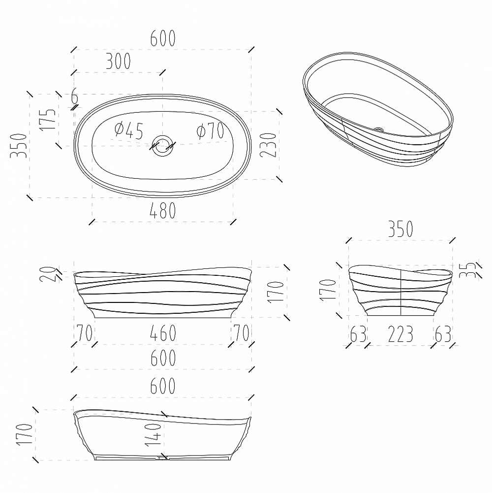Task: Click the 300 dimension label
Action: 118,61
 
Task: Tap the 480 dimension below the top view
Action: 163,210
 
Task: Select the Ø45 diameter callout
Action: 129,130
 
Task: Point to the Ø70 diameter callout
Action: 210,131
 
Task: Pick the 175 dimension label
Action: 47,119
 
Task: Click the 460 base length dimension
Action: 163,332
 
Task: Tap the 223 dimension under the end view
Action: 400,334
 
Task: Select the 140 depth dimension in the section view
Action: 153,434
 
